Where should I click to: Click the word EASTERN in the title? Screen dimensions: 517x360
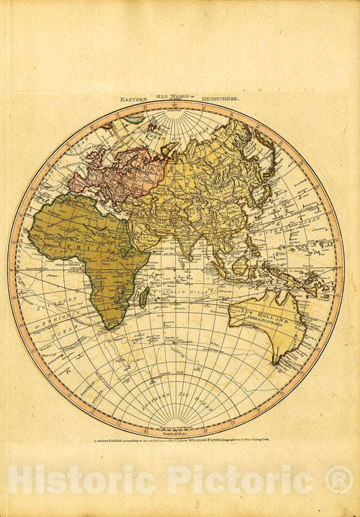pos(134,99)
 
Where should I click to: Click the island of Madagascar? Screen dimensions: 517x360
pos(143,295)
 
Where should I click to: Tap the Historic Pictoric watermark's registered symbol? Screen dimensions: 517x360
pos(339,480)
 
